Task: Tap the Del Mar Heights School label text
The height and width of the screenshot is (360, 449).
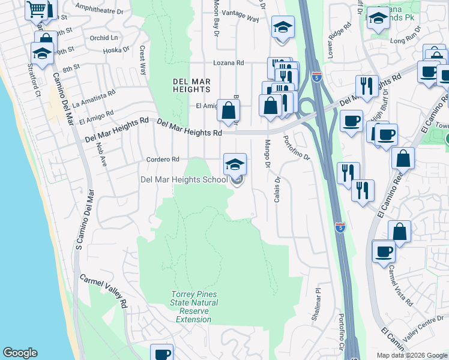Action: [x=184, y=179]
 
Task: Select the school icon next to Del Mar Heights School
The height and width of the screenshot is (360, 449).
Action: [x=235, y=164]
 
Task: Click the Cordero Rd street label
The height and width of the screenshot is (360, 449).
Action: [x=163, y=160]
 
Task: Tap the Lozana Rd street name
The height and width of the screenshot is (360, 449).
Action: [x=229, y=62]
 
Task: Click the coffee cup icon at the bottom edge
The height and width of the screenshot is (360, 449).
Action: [x=161, y=353]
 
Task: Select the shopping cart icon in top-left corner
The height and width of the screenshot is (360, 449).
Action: [x=37, y=9]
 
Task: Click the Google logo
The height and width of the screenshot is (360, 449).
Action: [x=20, y=353]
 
